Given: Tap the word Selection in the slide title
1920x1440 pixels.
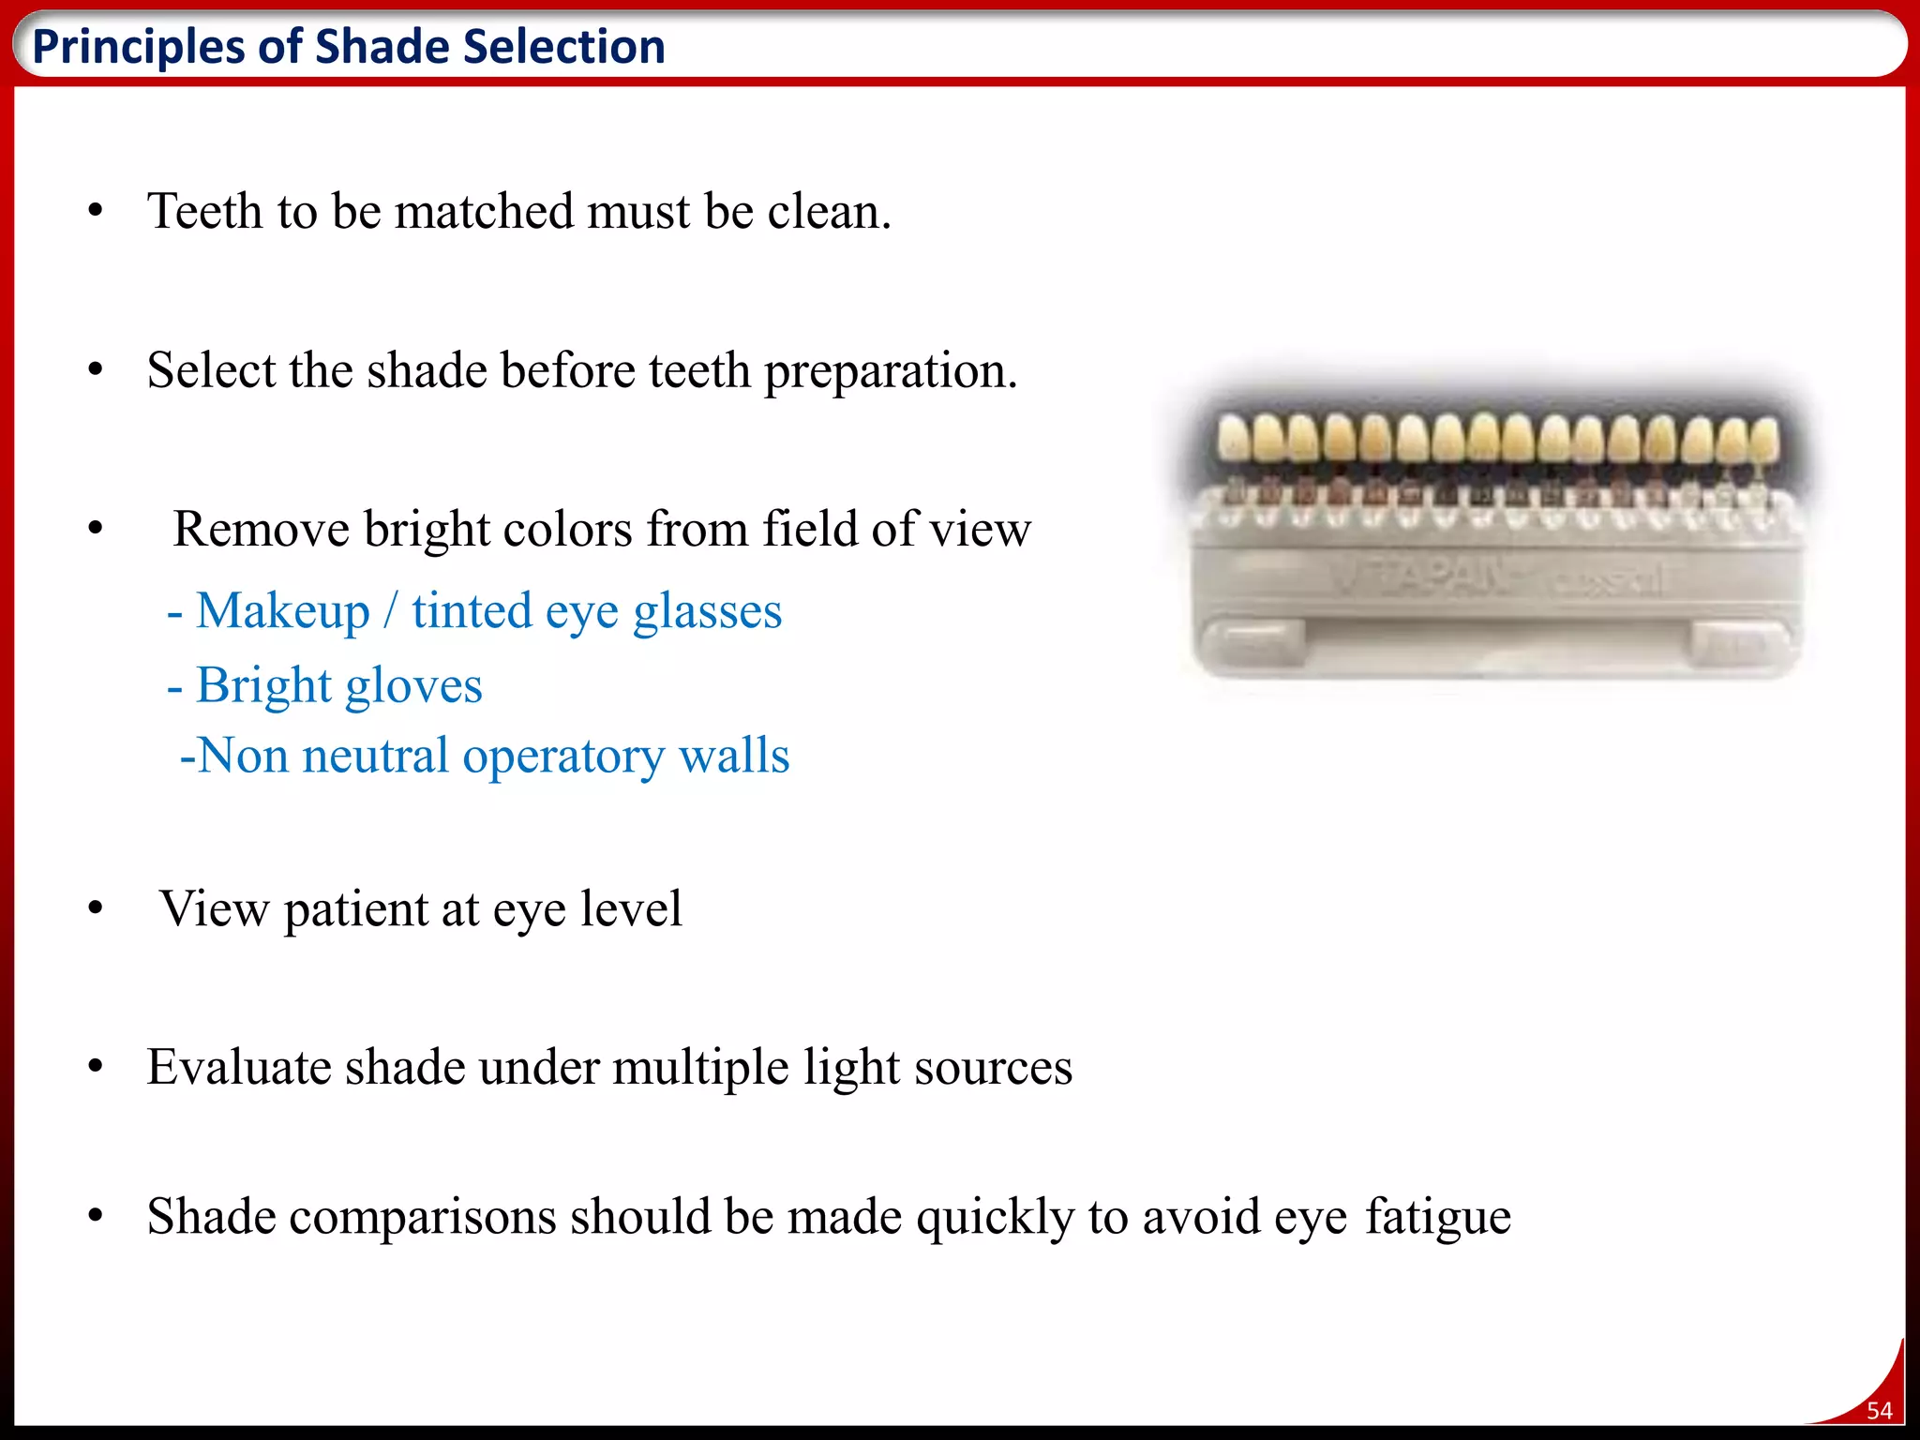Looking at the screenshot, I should pyautogui.click(x=563, y=47).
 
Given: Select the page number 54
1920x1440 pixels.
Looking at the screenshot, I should pyautogui.click(x=1879, y=1410).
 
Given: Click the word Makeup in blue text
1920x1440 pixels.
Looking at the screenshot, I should pyautogui.click(x=283, y=611).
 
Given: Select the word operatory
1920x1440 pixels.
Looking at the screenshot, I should pyautogui.click(x=563, y=757).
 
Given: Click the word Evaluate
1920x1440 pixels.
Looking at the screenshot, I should pyautogui.click(x=238, y=1068).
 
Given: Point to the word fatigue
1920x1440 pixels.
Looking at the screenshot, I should pyautogui.click(x=1437, y=1218).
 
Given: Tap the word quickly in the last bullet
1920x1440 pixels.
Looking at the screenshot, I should pyautogui.click(x=995, y=1218).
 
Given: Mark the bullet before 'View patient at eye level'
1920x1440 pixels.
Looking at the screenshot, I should pyautogui.click(x=95, y=908).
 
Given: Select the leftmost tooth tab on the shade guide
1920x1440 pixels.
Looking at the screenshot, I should pyautogui.click(x=1233, y=439).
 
